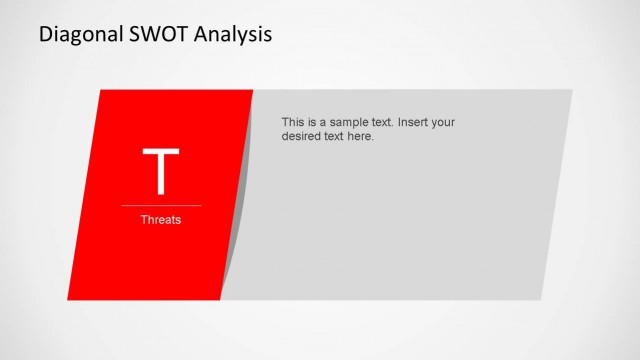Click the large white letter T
coord(160,171)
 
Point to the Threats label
coord(160,219)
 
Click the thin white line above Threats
coord(160,205)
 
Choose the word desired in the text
coord(304,136)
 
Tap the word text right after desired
coord(337,136)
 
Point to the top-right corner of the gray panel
coord(571,91)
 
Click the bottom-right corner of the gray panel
coord(540,298)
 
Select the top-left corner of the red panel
coord(101,91)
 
